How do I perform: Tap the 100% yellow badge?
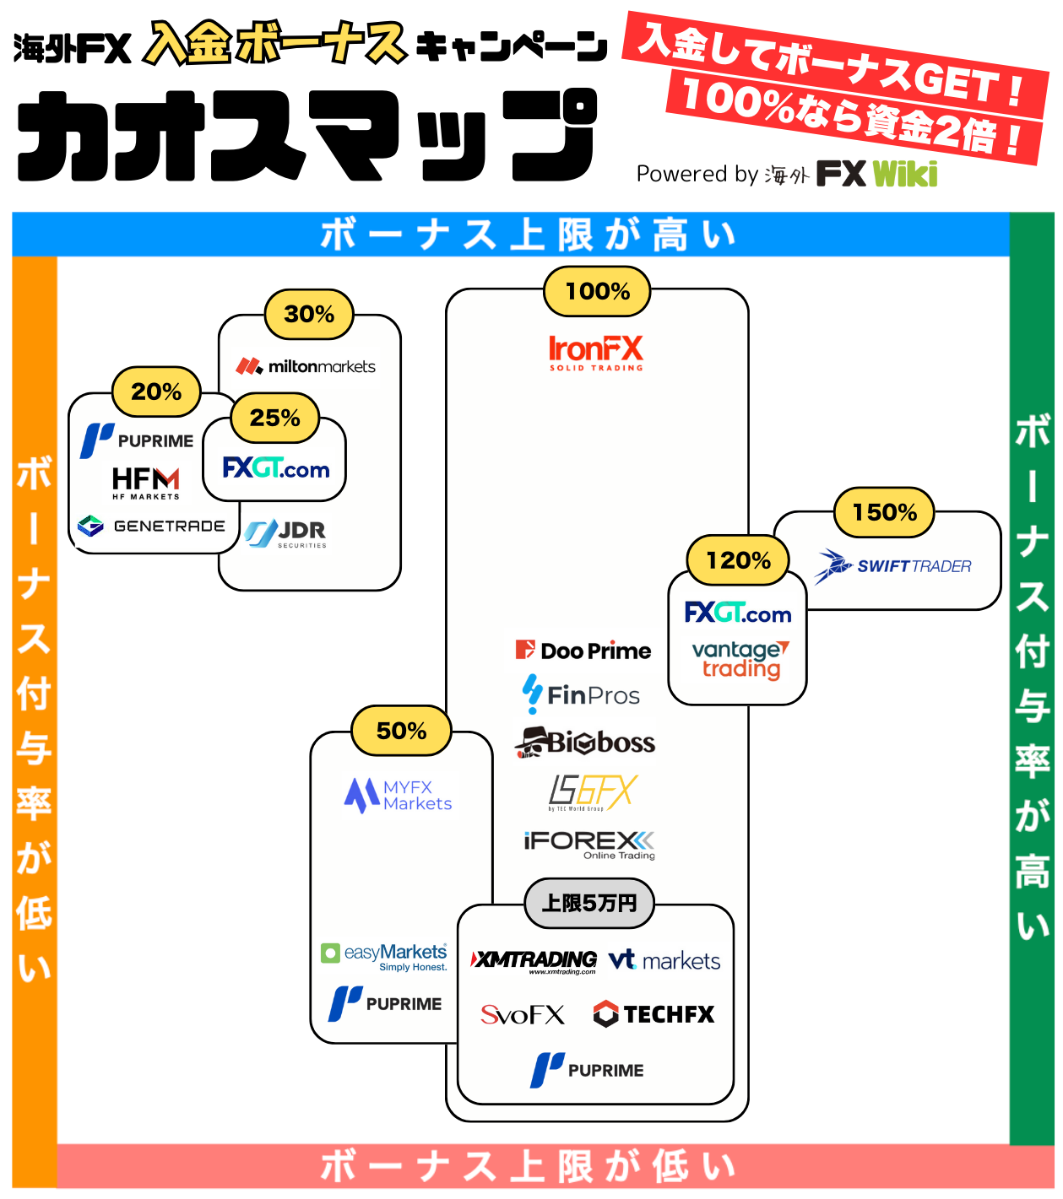coord(596,290)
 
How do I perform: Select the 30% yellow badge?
coord(308,314)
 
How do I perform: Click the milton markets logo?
coord(305,366)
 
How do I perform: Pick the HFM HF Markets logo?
coord(146,483)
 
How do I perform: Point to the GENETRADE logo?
coord(151,526)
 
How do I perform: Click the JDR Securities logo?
coord(285,533)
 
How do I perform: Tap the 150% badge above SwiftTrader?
coord(883,512)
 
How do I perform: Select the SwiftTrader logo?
coord(892,566)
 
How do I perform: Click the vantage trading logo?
coord(740,659)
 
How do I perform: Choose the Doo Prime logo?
coord(583,650)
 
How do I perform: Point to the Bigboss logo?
coord(584,743)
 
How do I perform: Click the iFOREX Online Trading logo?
coord(589,845)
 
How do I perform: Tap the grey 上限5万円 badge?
coord(588,903)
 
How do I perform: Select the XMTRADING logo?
coord(533,961)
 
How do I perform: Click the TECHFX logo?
coord(654,1013)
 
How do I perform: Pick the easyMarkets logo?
coord(384,956)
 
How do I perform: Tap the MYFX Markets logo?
coord(398,795)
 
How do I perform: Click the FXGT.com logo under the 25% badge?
coord(275,467)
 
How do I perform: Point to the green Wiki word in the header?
coord(904,174)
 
